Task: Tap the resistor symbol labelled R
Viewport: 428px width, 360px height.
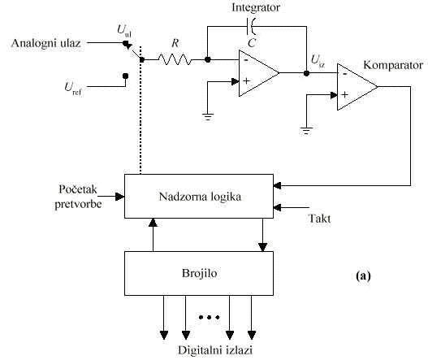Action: click(175, 59)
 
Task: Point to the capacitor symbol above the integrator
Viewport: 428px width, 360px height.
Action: click(252, 27)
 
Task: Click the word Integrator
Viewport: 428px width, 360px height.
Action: click(256, 7)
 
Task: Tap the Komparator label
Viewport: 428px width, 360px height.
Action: click(393, 65)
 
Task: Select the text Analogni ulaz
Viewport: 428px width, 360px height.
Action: click(45, 43)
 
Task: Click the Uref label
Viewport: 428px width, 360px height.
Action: click(73, 89)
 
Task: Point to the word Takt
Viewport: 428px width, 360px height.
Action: click(319, 219)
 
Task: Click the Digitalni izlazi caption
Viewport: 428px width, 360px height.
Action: click(215, 350)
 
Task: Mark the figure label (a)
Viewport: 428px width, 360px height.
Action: click(363, 275)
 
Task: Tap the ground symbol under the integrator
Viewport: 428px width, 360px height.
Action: click(208, 117)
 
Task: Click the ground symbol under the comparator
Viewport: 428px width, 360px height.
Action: click(306, 131)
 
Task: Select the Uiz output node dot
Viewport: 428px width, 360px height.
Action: click(306, 73)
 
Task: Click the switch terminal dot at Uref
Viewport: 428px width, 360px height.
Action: click(125, 76)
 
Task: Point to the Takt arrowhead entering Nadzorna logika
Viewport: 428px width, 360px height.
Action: click(277, 207)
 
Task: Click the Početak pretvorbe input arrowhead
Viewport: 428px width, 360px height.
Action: click(120, 197)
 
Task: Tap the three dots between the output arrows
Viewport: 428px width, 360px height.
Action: click(210, 317)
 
